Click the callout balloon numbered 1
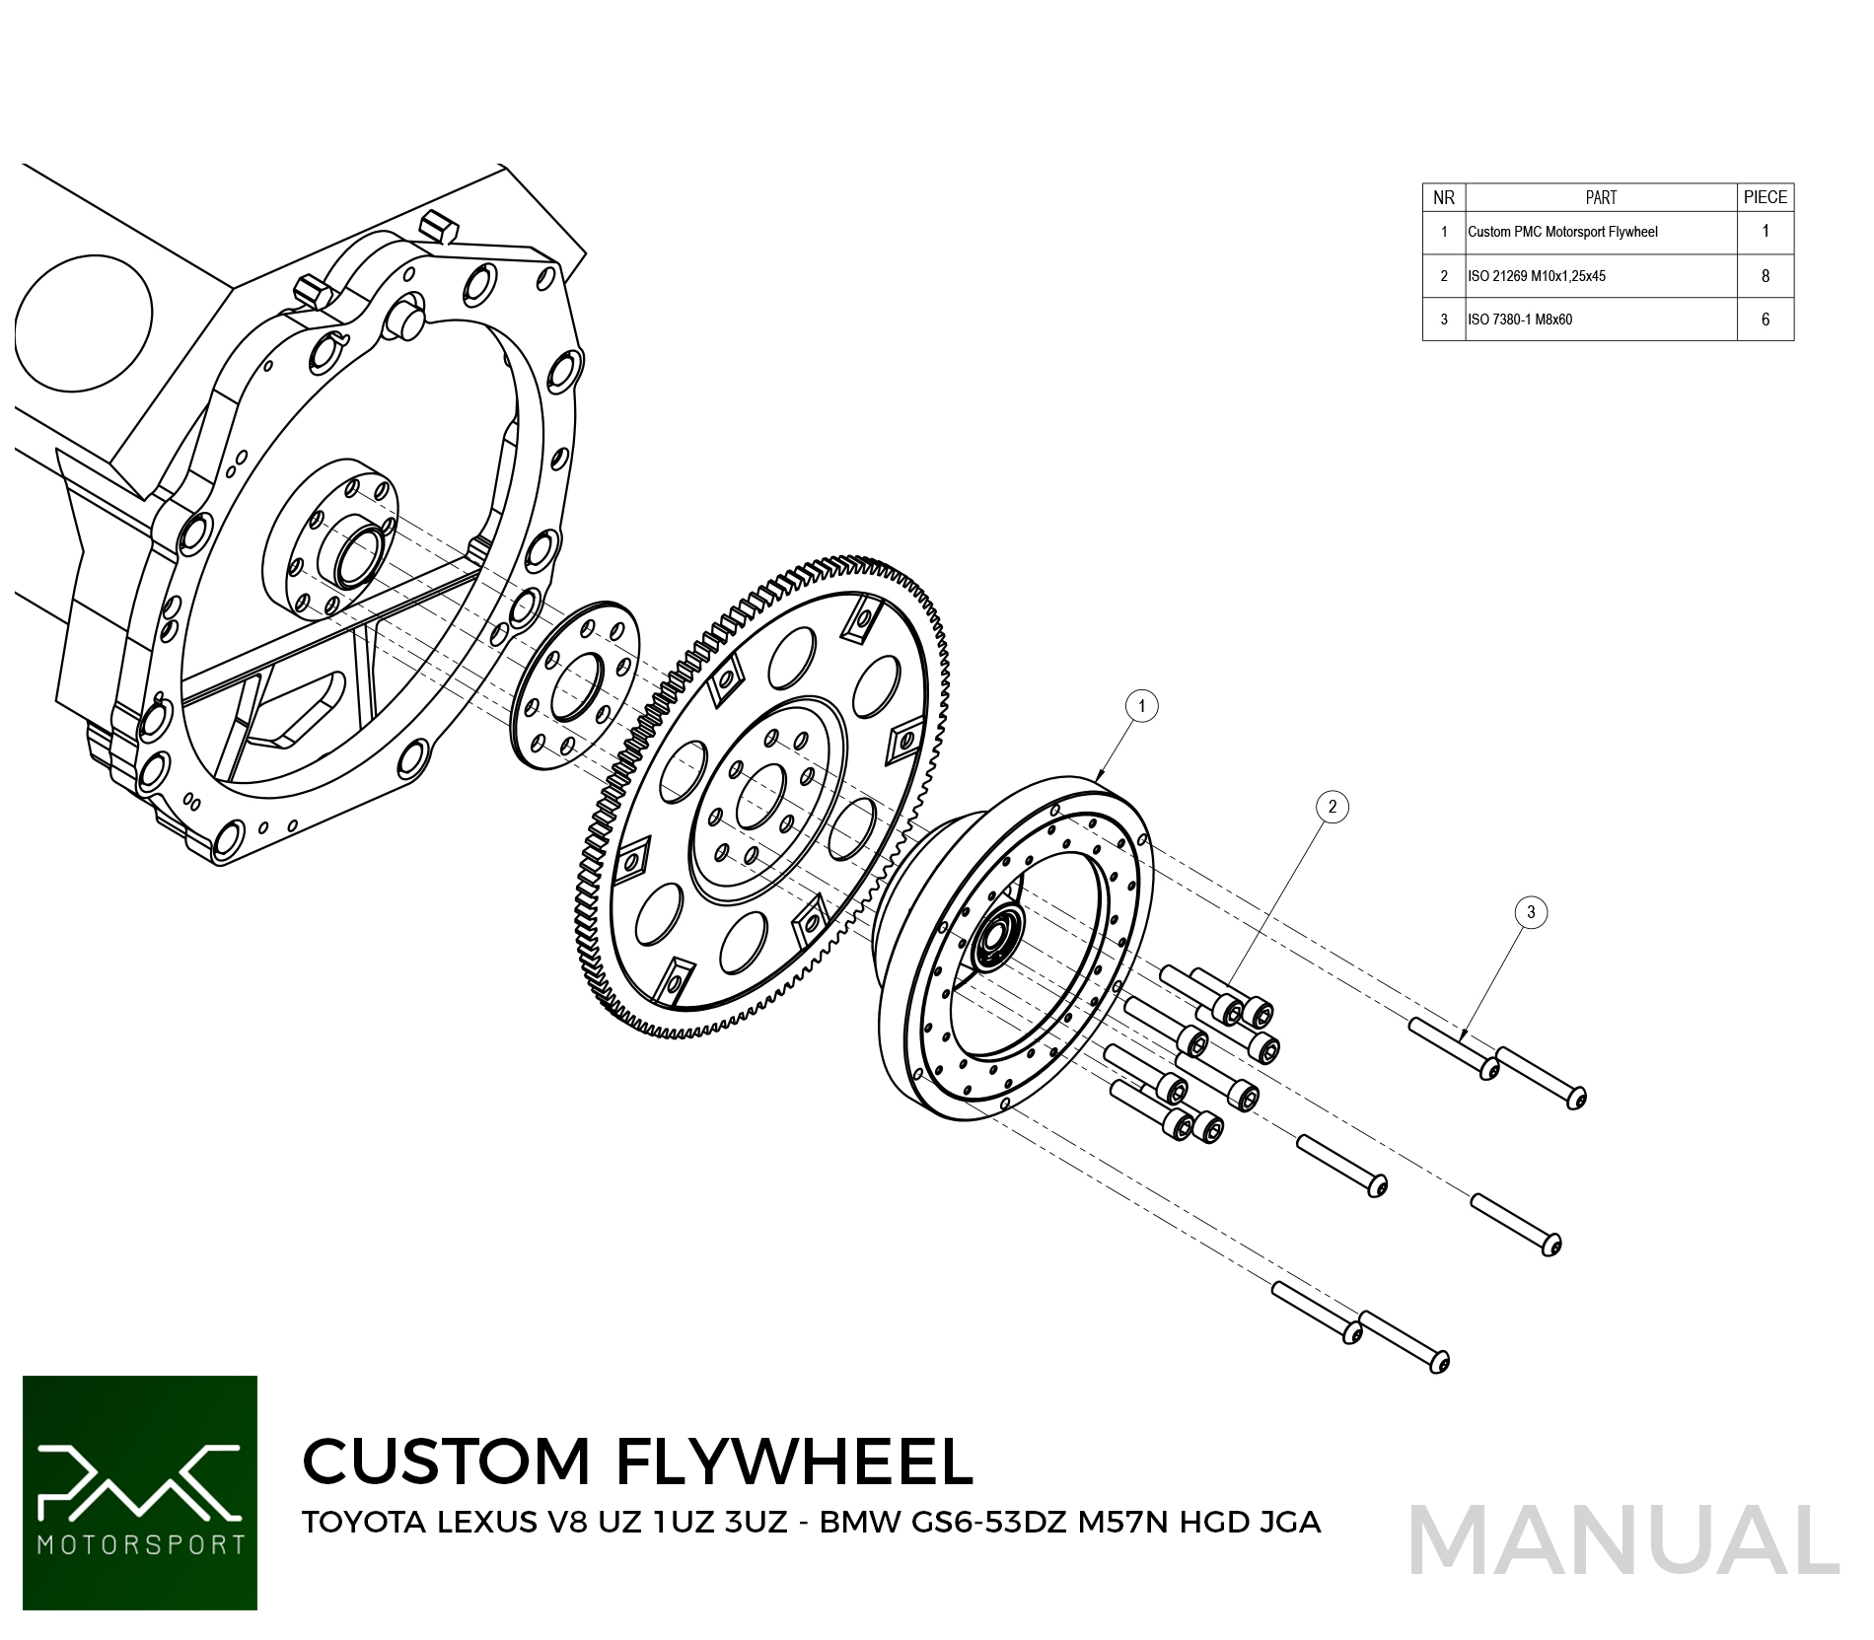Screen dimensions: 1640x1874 (1142, 706)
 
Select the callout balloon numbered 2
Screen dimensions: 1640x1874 (1333, 807)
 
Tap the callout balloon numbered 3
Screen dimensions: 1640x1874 (1531, 912)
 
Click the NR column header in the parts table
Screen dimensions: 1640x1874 (1444, 197)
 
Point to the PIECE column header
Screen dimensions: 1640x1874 (1765, 197)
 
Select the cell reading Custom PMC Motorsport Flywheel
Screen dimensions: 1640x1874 (1562, 232)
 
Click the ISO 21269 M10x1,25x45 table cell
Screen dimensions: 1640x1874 (1537, 276)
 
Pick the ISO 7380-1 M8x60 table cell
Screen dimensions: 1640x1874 (1520, 320)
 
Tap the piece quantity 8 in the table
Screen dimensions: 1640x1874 (1766, 276)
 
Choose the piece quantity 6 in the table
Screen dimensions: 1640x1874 (1766, 320)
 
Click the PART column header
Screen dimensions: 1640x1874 (1601, 197)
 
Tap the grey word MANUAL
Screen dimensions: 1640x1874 (1623, 1540)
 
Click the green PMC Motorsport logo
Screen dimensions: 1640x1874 (140, 1492)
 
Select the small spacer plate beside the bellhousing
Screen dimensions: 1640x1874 (575, 684)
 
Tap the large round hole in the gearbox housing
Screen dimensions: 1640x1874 (84, 322)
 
